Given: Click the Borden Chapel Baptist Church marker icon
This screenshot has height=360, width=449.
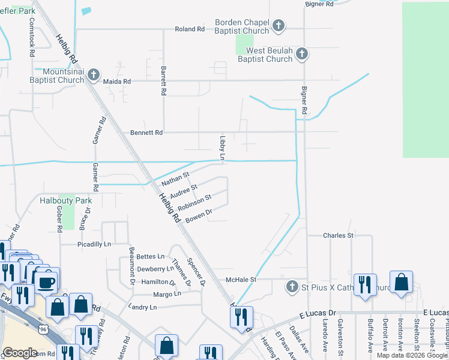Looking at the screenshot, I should coord(278,25).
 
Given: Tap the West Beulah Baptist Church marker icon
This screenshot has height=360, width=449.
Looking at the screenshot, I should coord(302,54).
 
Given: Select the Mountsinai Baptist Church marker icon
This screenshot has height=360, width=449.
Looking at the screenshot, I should coord(93,75).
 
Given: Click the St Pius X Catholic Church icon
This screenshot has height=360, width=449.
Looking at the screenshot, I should coord(292,286).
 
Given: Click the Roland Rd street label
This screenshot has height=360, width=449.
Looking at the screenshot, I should coord(190,29).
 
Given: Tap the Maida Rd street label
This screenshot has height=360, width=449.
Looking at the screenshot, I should coord(116,81).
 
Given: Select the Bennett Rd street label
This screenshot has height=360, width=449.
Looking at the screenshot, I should coord(146,133).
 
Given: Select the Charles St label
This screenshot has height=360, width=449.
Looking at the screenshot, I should coord(338,236).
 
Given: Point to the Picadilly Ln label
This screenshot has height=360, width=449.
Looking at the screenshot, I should coord(94,244).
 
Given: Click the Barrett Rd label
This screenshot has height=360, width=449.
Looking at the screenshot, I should coord(163,82).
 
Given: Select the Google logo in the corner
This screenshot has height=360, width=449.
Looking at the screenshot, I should coord(20,353).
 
